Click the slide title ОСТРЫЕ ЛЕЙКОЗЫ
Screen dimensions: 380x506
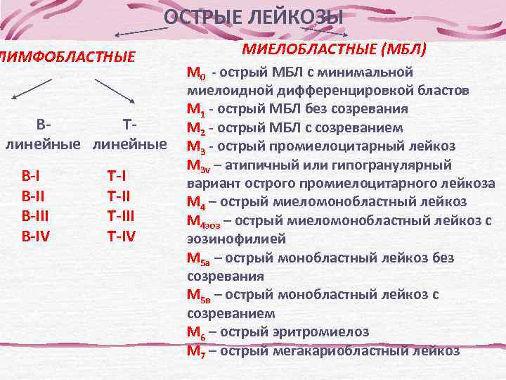[x=254, y=18]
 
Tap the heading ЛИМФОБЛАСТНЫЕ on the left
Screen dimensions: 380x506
[x=67, y=56]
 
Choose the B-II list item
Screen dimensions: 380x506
[x=33, y=195]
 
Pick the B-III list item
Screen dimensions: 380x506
[x=35, y=215]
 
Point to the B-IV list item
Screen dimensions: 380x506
[x=36, y=234]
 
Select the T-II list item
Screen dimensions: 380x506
[x=118, y=195]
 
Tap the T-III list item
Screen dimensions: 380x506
[x=120, y=215]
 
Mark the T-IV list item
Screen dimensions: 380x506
[x=121, y=234]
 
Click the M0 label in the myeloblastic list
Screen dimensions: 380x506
[x=196, y=73]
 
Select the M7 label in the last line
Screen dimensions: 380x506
[x=196, y=350]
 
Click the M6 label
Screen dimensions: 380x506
[x=196, y=331]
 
